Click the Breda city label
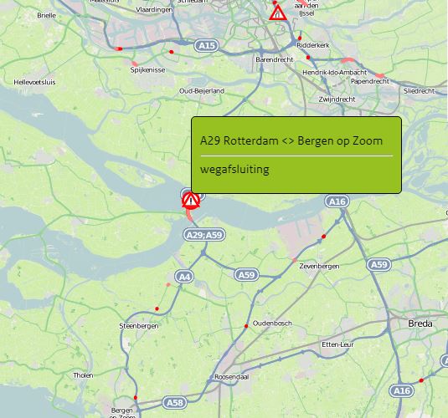[x=421, y=323]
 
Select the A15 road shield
[x=207, y=45]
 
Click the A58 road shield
[x=174, y=403]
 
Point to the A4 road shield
[x=184, y=276]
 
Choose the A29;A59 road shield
[x=203, y=235]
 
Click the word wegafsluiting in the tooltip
[x=240, y=169]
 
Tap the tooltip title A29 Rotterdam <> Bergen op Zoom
[x=291, y=140]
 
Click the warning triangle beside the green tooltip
[x=190, y=200]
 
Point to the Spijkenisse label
[x=147, y=70]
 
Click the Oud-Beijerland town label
[x=202, y=90]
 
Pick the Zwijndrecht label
[x=337, y=99]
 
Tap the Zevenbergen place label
[x=319, y=266]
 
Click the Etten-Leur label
[x=340, y=344]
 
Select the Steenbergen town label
[x=139, y=325]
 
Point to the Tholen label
[x=84, y=375]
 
